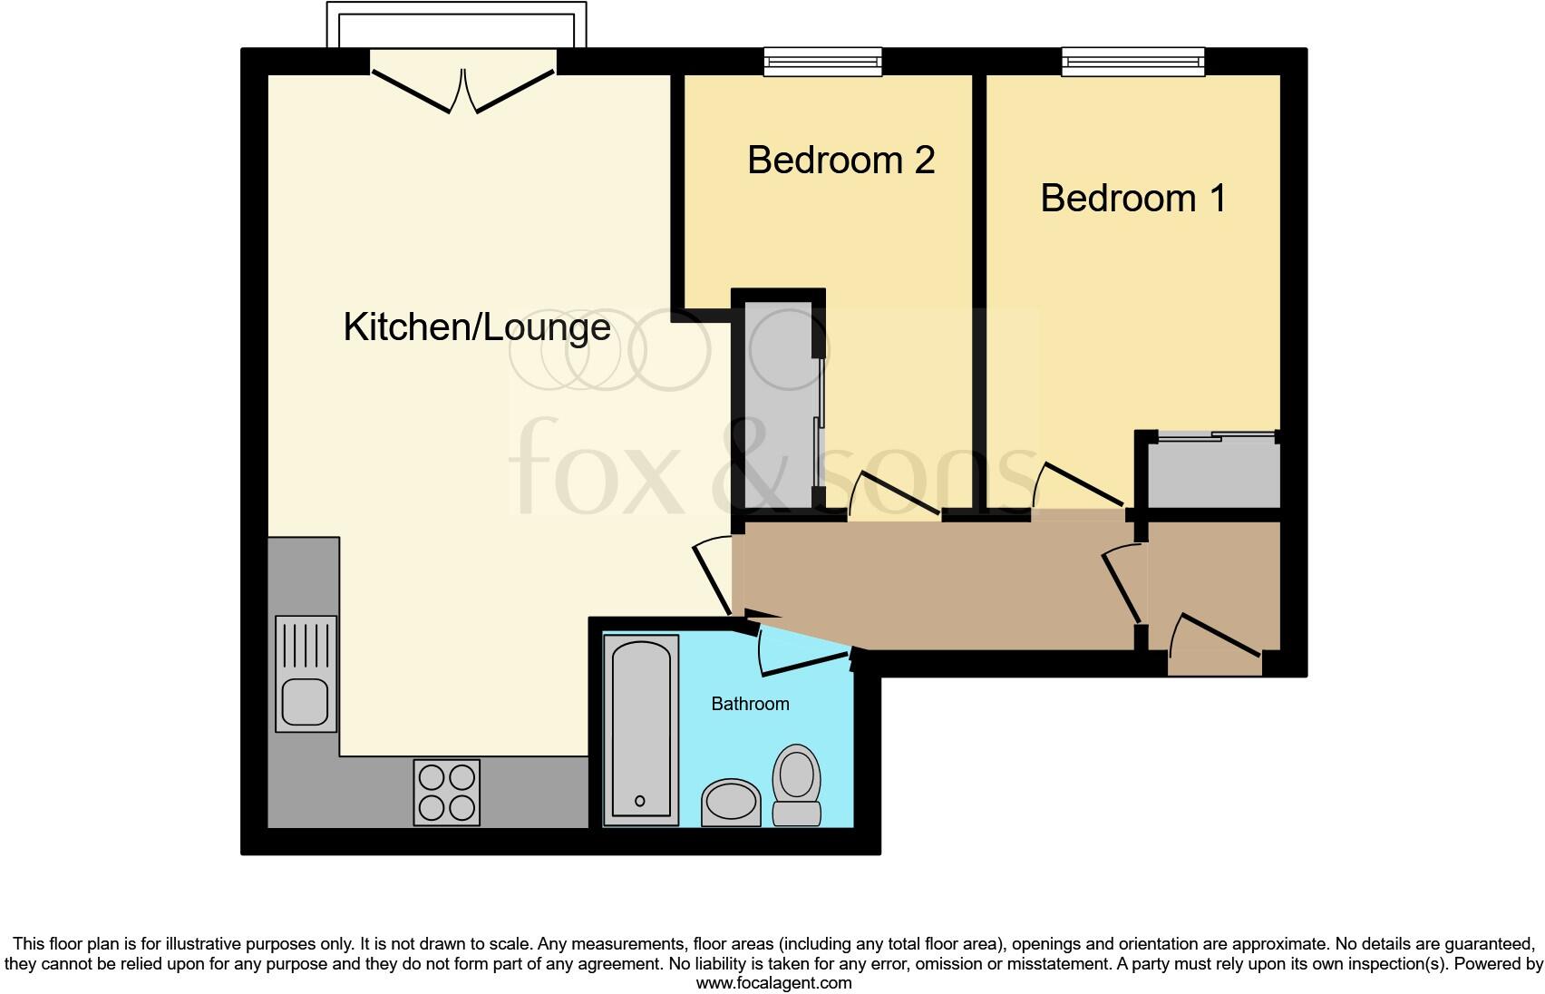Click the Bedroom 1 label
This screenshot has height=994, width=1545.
pyautogui.click(x=1132, y=198)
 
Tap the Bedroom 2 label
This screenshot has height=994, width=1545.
pyautogui.click(x=841, y=160)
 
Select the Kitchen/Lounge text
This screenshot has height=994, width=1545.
pyautogui.click(x=476, y=326)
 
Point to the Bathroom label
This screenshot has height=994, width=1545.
pyautogui.click(x=750, y=704)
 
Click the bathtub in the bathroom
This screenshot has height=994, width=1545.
pyautogui.click(x=641, y=729)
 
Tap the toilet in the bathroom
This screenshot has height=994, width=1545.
pyautogui.click(x=796, y=784)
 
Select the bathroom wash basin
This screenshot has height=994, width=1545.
pyautogui.click(x=731, y=802)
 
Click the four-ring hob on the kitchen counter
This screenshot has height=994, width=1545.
pyautogui.click(x=446, y=792)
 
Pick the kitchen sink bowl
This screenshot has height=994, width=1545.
pyautogui.click(x=306, y=701)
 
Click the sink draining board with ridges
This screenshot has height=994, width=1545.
pyautogui.click(x=306, y=644)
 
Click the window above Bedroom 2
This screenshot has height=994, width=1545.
pyautogui.click(x=822, y=62)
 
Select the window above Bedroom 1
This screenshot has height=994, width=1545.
pyautogui.click(x=1133, y=62)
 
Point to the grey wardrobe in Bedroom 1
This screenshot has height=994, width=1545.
pyautogui.click(x=1213, y=472)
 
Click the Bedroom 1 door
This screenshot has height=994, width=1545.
pyautogui.click(x=1082, y=485)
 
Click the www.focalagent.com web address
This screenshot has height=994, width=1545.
pyautogui.click(x=773, y=982)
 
